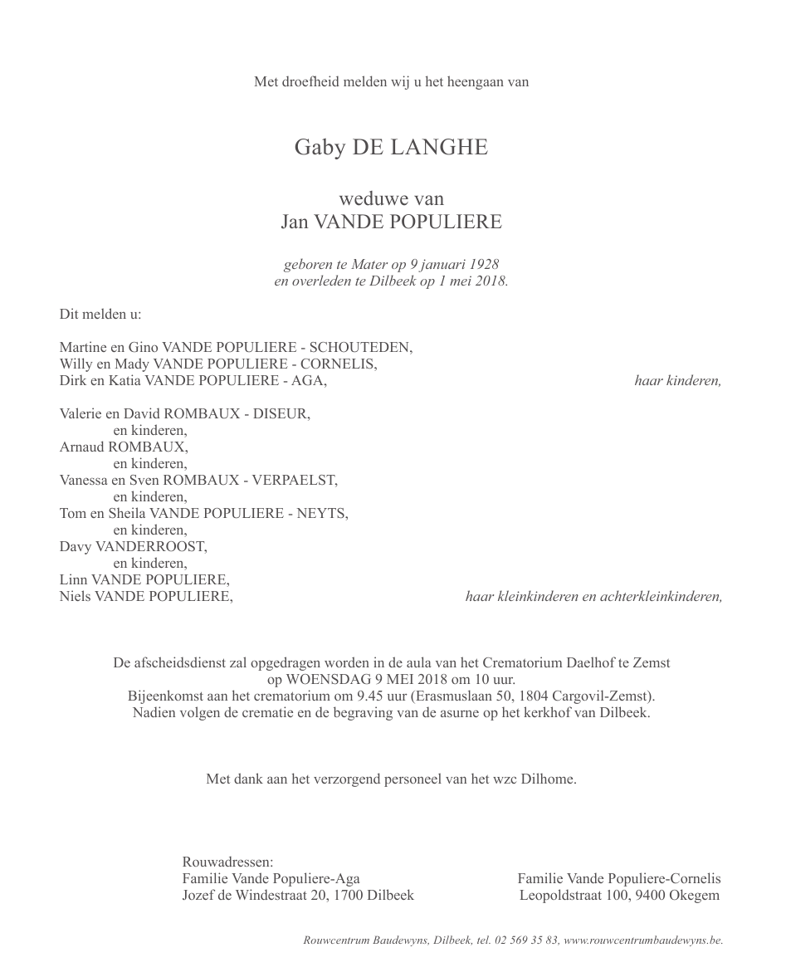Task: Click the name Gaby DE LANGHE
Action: point(391,148)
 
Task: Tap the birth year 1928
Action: point(483,264)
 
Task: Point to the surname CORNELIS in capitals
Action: point(338,364)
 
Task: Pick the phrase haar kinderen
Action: point(677,381)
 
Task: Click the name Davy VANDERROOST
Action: point(133,547)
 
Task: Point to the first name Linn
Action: point(73,580)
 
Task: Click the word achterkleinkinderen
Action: point(660,597)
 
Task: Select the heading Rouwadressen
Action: point(227,862)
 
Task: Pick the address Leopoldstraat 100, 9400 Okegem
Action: point(619,896)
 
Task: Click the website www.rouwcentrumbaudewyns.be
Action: point(642,940)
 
